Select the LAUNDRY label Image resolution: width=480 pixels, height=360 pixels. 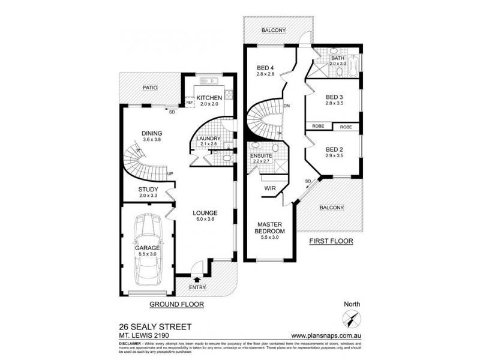(x=209, y=139)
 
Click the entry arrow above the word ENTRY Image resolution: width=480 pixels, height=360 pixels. (x=197, y=278)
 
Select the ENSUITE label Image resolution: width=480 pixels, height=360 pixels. (x=262, y=156)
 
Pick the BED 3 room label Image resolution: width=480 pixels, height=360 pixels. (x=334, y=97)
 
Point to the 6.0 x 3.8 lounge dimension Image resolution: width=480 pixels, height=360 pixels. (x=205, y=220)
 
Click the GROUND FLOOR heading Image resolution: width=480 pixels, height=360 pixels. (x=178, y=304)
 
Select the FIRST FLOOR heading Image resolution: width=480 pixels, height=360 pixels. (x=329, y=241)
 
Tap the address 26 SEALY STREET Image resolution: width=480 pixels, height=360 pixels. (x=156, y=327)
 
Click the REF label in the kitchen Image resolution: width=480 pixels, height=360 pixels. (x=188, y=103)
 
